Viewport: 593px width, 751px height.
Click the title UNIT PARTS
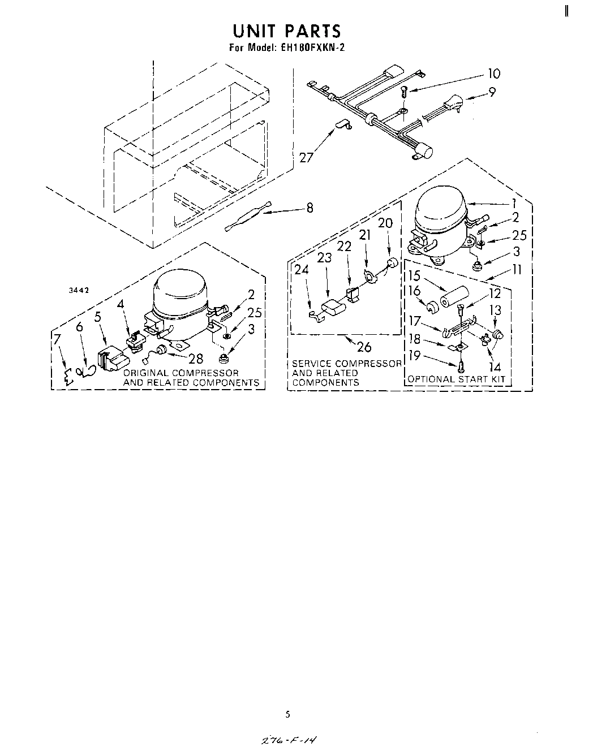pos(286,31)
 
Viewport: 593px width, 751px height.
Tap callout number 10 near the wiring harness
pos(493,74)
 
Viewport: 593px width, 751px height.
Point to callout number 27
pos(306,157)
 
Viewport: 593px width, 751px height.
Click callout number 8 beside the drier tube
pos(310,208)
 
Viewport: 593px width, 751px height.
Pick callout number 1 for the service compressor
pos(514,203)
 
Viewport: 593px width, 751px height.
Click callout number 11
pos(516,270)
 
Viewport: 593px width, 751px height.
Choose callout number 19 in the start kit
pos(415,356)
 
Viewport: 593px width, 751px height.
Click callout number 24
pos(302,270)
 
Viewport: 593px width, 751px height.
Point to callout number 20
pos(385,223)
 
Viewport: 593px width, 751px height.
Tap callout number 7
pos(57,339)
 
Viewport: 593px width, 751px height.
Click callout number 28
pos(195,359)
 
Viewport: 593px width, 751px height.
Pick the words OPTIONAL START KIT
pos(456,379)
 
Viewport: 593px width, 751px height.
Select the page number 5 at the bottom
pos(287,714)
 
